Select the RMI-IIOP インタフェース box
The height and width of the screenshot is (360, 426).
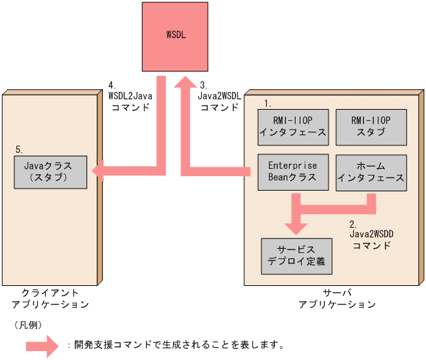click(294, 126)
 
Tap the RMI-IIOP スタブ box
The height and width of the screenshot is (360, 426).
click(370, 126)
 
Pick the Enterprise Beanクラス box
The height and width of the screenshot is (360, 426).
click(293, 172)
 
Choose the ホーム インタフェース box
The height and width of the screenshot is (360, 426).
click(370, 172)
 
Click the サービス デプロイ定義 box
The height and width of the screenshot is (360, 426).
click(296, 255)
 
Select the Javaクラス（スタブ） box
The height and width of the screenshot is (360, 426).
click(51, 171)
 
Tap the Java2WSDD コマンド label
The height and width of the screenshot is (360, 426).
click(371, 235)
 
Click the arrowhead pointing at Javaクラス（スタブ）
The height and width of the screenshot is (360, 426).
click(99, 171)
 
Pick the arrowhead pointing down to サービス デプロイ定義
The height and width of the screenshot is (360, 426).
click(296, 226)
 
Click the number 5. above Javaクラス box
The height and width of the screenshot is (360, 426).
click(19, 149)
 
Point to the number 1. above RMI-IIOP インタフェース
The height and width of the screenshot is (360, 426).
click(268, 104)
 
